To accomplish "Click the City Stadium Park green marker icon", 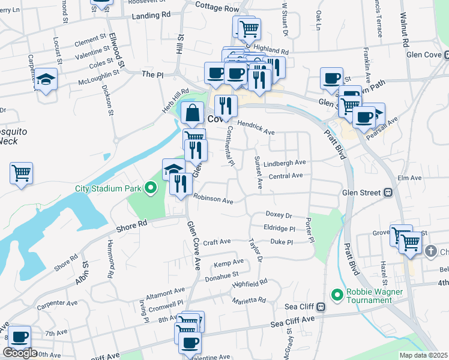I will pyautogui.click(x=151, y=188).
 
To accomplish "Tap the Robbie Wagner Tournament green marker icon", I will pyautogui.click(x=337, y=295).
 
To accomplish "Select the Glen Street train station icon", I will pyautogui.click(x=388, y=193).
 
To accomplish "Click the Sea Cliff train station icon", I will pyautogui.click(x=321, y=307).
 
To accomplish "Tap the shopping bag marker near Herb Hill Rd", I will pyautogui.click(x=191, y=112).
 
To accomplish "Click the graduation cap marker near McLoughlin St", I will pyautogui.click(x=44, y=79).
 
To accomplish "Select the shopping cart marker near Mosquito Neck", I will pyautogui.click(x=21, y=173).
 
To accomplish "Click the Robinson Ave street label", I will pyautogui.click(x=212, y=199).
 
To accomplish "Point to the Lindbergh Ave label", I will pyautogui.click(x=288, y=163).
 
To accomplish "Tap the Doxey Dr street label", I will pyautogui.click(x=279, y=215).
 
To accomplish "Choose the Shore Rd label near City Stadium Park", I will pyautogui.click(x=132, y=224).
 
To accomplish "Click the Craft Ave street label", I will pyautogui.click(x=217, y=242).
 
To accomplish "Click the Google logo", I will pyautogui.click(x=20, y=353).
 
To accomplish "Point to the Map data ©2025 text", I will pyautogui.click(x=424, y=355).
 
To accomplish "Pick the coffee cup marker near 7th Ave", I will pyautogui.click(x=20, y=337).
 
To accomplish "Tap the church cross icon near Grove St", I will pyautogui.click(x=430, y=251).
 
